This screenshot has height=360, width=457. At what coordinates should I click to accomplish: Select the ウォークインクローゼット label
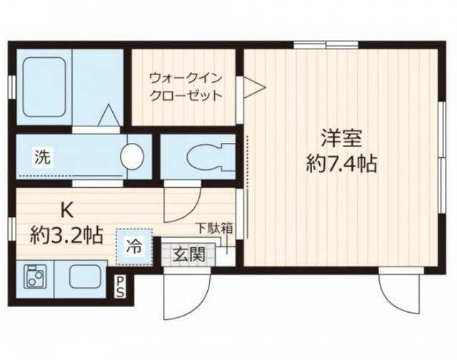click(184, 86)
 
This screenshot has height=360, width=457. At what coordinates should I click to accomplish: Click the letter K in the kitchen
click(70, 211)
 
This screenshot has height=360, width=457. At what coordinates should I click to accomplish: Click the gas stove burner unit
click(35, 276)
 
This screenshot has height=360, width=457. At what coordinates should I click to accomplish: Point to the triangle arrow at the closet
click(254, 89)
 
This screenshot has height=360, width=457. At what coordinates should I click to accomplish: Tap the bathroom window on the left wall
click(14, 85)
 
